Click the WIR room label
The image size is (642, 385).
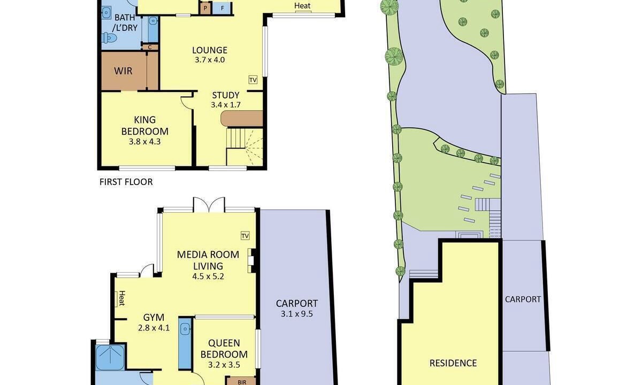pyautogui.click(x=123, y=71)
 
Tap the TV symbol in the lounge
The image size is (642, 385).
pyautogui.click(x=253, y=80)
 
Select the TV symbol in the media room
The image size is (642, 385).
pyautogui.click(x=245, y=236)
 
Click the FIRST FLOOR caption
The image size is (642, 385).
pyautogui.click(x=126, y=182)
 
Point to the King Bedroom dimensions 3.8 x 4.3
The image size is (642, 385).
pyautogui.click(x=144, y=142)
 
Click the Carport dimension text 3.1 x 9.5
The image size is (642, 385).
pyautogui.click(x=296, y=314)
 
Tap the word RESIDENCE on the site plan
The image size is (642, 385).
pyautogui.click(x=453, y=363)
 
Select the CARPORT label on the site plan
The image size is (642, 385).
pyautogui.click(x=523, y=299)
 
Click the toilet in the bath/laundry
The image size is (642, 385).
pyautogui.click(x=110, y=37)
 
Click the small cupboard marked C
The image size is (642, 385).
pyautogui.click(x=150, y=47)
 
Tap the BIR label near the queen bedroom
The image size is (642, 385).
pyautogui.click(x=242, y=382)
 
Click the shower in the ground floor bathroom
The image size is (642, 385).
pyautogui.click(x=110, y=358)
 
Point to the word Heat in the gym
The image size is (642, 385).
pyautogui.click(x=122, y=298)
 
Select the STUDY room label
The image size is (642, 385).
pyautogui.click(x=226, y=95)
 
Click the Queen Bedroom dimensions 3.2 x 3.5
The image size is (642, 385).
pyautogui.click(x=224, y=365)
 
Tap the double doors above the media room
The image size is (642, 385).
pyautogui.click(x=209, y=204)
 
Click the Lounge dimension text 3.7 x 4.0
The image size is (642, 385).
pyautogui.click(x=210, y=60)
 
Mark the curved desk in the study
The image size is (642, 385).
pyautogui.click(x=241, y=118)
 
